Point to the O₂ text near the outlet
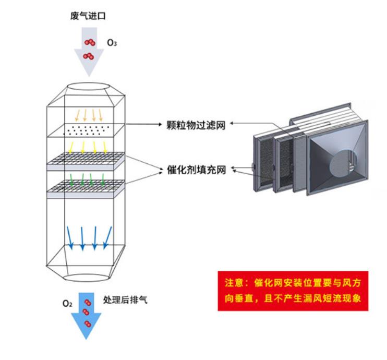pyautogui.click(x=67, y=303)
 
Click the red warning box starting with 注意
pyautogui.click(x=293, y=291)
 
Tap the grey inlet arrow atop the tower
pyautogui.click(x=88, y=55)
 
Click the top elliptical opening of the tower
pyautogui.click(x=86, y=87)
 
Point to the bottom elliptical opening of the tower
pyautogui.click(x=86, y=274)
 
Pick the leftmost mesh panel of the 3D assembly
pyautogui.click(x=263, y=159)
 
